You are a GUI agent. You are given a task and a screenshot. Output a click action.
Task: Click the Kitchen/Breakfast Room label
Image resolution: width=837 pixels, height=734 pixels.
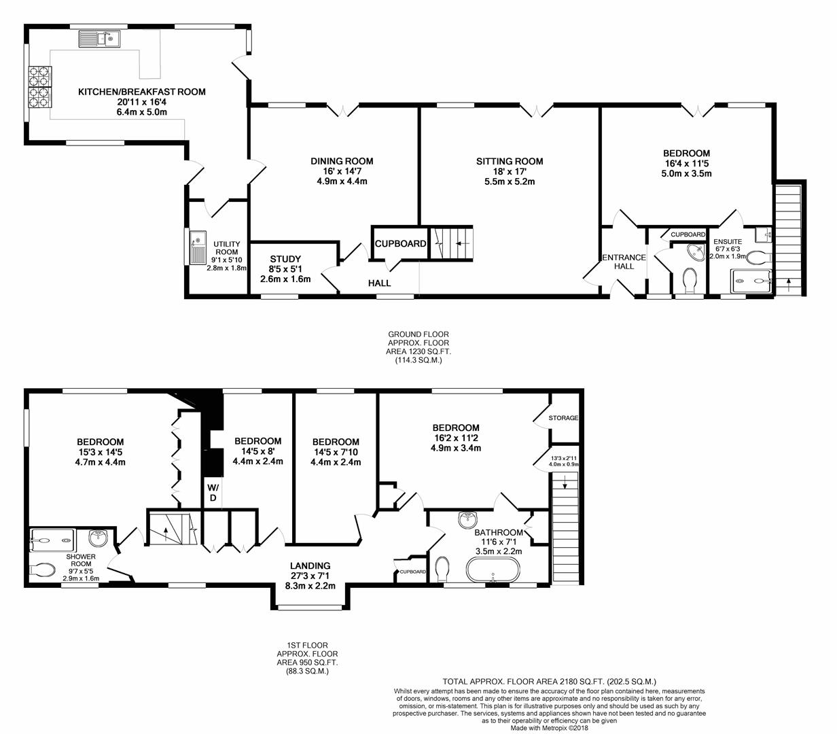coord(141,92)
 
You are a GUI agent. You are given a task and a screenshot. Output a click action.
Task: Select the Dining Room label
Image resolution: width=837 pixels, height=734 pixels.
coord(342,161)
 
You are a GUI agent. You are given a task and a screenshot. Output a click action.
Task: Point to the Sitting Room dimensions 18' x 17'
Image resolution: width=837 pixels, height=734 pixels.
coord(510,171)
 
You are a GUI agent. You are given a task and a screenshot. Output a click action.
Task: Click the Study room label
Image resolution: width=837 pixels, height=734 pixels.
coord(285,259)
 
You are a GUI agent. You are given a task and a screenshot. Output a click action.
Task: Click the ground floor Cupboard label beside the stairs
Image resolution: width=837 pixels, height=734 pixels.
coord(401,243)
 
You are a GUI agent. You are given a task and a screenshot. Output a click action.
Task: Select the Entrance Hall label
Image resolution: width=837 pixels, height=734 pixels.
coord(624,262)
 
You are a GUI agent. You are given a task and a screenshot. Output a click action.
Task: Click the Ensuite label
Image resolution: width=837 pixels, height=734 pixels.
coord(727,241)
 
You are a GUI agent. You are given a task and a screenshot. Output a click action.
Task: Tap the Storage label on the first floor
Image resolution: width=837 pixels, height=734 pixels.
coord(564,418)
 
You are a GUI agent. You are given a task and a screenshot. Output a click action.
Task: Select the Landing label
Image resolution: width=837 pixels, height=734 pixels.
coord(310,565)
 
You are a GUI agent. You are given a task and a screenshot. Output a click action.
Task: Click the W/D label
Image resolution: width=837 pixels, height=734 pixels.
coord(213,493)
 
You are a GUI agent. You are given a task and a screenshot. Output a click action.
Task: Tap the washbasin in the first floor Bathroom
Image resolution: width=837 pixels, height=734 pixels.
coord(467,520)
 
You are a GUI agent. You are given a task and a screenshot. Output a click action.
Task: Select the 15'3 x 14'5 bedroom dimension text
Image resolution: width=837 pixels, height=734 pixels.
coord(100,452)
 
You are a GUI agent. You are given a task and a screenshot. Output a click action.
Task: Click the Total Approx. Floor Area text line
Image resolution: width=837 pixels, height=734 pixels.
coord(549,681)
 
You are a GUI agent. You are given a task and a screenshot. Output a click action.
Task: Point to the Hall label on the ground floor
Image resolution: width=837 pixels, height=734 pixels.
coord(379,283)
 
